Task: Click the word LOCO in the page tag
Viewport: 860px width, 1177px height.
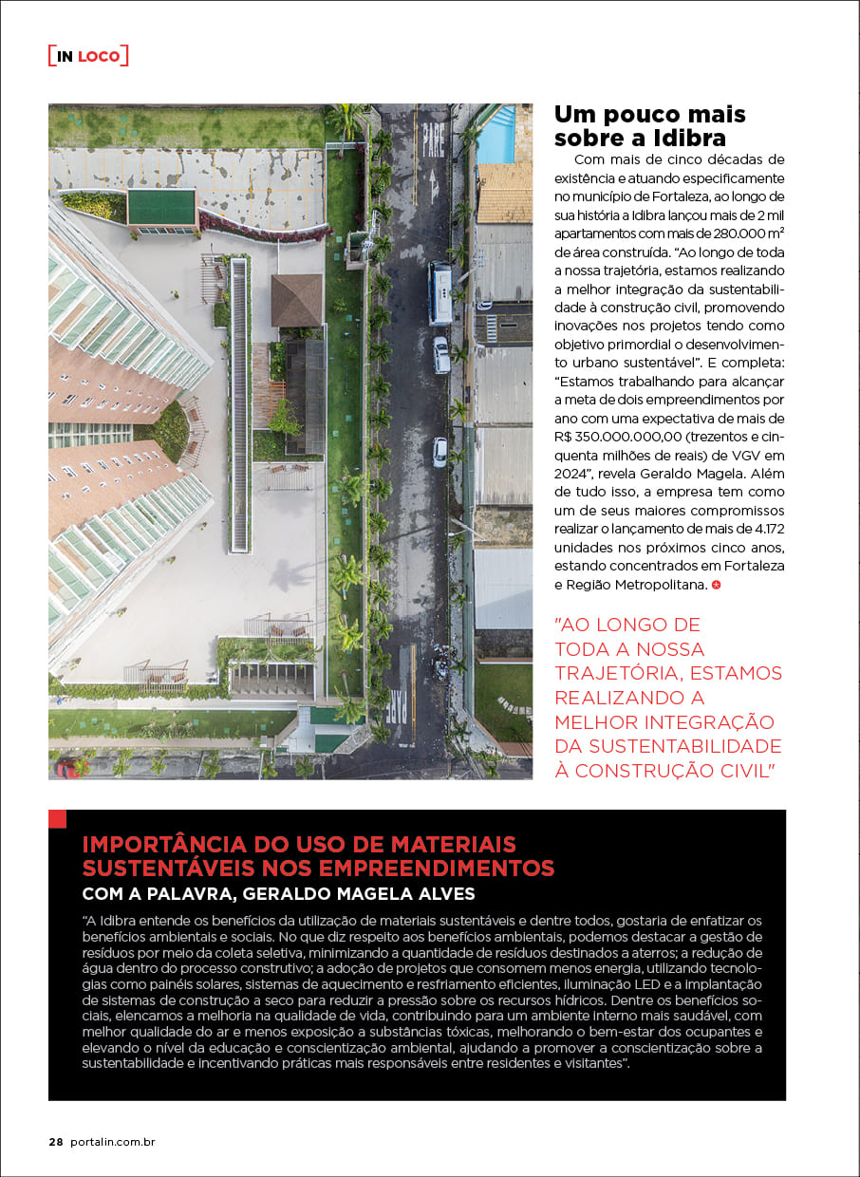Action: (x=99, y=56)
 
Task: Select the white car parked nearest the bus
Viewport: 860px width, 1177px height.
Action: (x=441, y=354)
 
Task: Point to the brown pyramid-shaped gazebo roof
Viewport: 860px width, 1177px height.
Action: (x=297, y=299)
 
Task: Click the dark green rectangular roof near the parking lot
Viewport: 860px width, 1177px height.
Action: (x=161, y=207)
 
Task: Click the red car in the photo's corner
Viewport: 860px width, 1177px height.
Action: (x=67, y=767)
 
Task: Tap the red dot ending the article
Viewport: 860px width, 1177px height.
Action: (x=717, y=585)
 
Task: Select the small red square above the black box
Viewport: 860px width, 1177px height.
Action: (x=57, y=818)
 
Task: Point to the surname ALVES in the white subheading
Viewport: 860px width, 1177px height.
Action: (x=443, y=894)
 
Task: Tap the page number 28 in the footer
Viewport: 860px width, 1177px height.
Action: (x=55, y=1142)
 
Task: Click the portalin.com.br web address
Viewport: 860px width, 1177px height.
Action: (x=112, y=1142)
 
